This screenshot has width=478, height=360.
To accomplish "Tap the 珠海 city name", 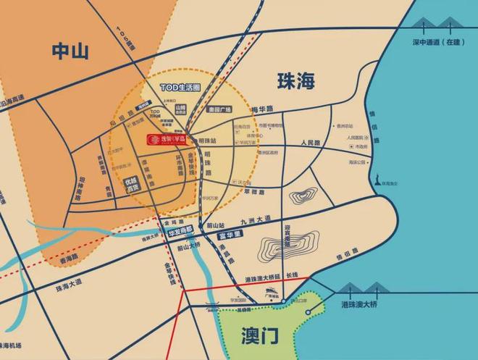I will (296, 81).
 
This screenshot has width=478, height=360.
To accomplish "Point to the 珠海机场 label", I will (17, 344).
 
